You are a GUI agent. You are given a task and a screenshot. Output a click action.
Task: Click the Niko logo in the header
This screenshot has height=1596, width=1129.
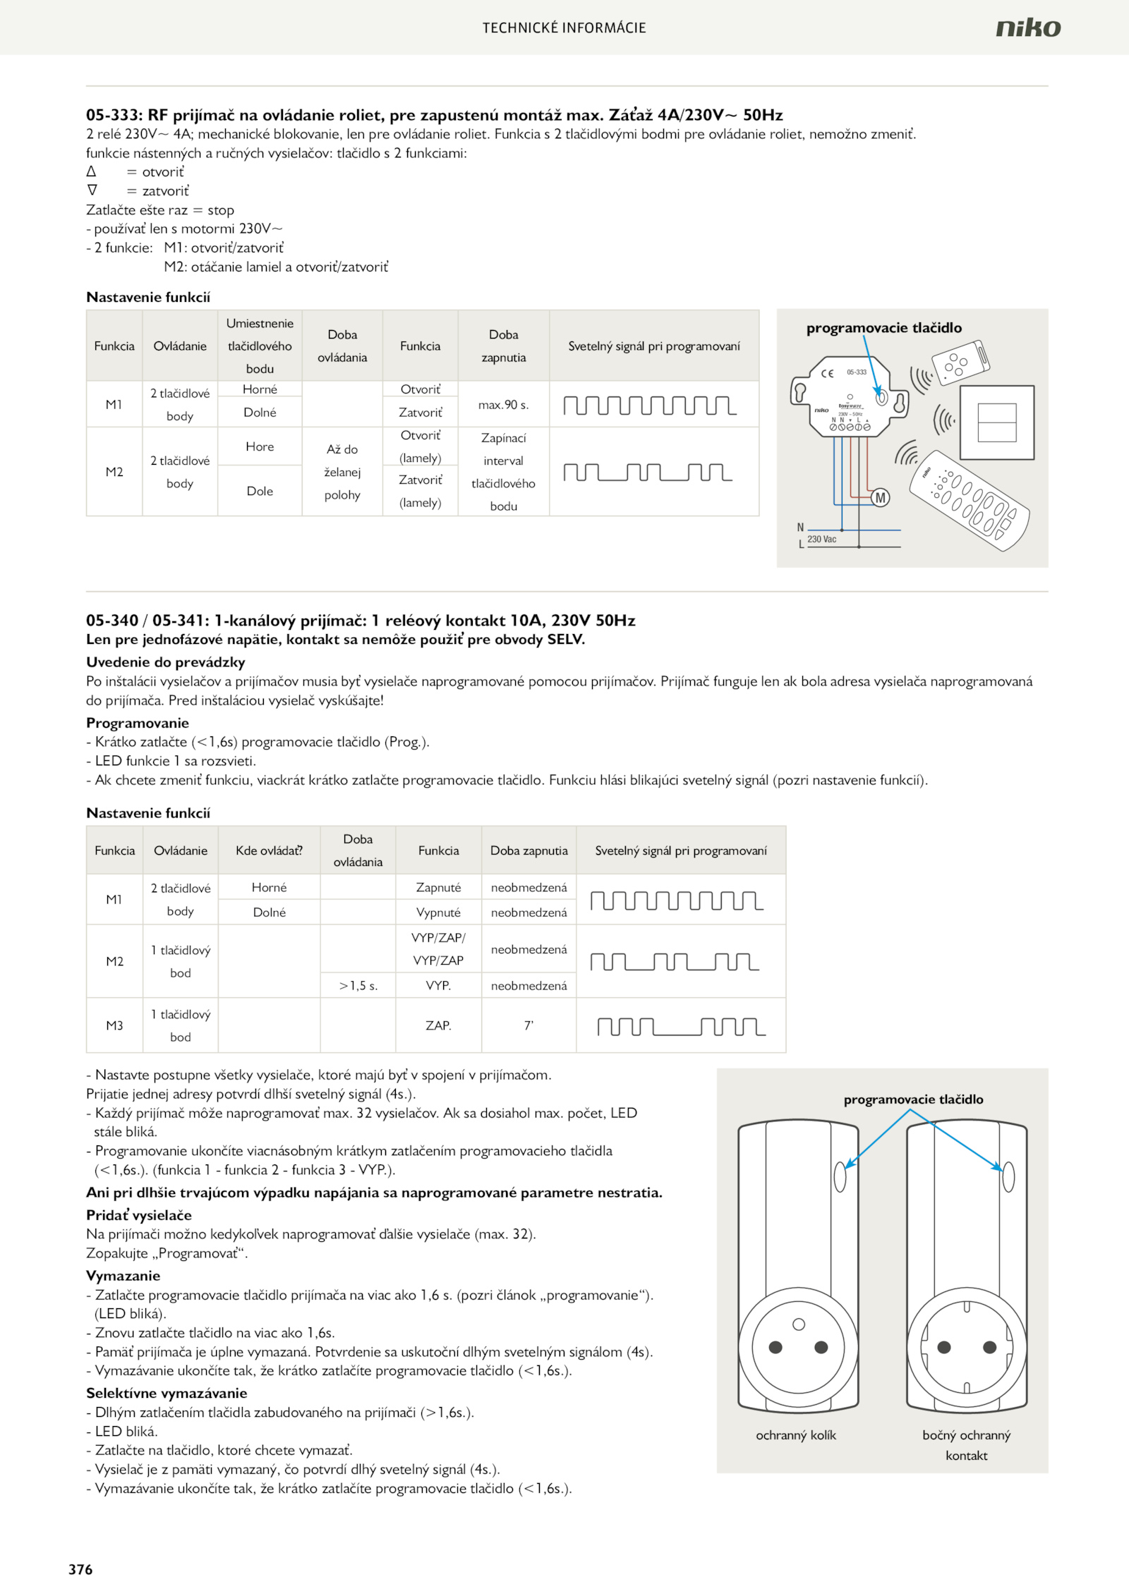[x=1027, y=28]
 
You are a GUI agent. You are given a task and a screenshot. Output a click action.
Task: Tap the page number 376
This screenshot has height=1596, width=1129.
[x=80, y=1569]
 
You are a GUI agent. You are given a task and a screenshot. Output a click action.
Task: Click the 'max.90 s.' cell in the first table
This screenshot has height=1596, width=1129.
[x=503, y=405]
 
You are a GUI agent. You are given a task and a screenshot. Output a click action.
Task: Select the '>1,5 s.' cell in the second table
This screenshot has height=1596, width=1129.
[x=358, y=986]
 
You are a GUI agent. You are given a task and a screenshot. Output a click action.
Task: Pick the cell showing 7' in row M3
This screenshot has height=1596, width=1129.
[x=529, y=1025]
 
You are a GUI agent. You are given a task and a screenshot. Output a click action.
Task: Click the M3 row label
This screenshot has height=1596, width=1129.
[x=114, y=1025]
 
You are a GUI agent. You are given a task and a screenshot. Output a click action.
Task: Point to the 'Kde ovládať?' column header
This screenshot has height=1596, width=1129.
[x=269, y=851]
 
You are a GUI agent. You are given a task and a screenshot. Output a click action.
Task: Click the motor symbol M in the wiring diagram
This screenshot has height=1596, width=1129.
[x=880, y=498]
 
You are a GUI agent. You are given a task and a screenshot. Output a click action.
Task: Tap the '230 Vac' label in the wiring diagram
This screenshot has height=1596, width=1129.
[x=821, y=540]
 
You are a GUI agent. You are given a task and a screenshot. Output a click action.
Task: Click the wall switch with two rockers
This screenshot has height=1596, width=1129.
[x=997, y=422]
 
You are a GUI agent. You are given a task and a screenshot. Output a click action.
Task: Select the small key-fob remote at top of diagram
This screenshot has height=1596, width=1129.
[x=960, y=363]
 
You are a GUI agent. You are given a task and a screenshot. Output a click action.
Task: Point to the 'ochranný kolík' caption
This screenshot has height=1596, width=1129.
[x=796, y=1435]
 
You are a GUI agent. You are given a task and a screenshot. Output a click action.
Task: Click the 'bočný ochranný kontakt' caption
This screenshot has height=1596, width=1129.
[x=966, y=1445]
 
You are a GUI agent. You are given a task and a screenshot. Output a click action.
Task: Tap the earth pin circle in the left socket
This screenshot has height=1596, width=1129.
[x=799, y=1324]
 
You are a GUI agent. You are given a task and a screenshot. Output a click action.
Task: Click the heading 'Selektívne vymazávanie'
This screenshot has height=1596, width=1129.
[x=167, y=1393]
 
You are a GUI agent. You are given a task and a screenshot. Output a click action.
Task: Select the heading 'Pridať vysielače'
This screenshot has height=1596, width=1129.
[x=139, y=1215]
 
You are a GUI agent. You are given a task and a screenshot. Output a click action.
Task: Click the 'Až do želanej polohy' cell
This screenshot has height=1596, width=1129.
[x=342, y=472]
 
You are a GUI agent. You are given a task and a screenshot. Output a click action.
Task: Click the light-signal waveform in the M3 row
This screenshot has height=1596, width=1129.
[x=681, y=1026]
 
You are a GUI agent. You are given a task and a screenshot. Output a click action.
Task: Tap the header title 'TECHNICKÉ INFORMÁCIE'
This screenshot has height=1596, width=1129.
[x=564, y=28]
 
